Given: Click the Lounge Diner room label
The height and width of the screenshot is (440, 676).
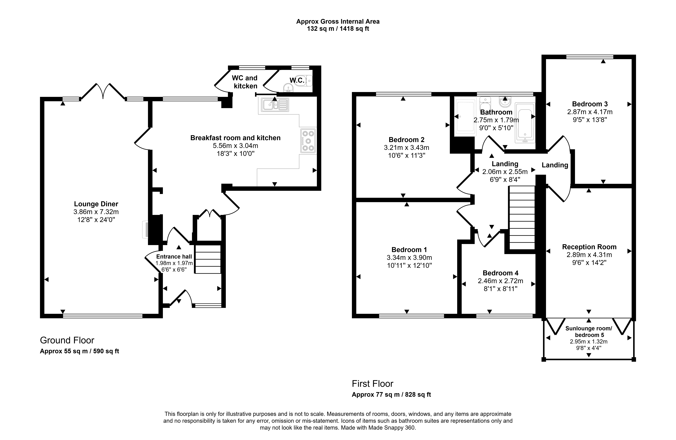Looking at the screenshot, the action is [96, 204].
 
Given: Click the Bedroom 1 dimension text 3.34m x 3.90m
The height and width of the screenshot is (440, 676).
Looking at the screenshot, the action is [409, 258].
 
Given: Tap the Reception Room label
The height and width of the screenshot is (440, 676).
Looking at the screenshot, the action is [589, 247].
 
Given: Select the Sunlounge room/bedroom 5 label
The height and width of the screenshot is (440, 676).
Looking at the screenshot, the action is [589, 332].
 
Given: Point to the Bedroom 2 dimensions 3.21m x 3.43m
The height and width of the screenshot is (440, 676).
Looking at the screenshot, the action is [406, 148].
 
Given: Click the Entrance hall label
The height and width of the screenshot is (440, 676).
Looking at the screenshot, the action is [174, 257].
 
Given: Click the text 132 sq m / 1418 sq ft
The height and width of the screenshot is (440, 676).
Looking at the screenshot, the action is [338, 29].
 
